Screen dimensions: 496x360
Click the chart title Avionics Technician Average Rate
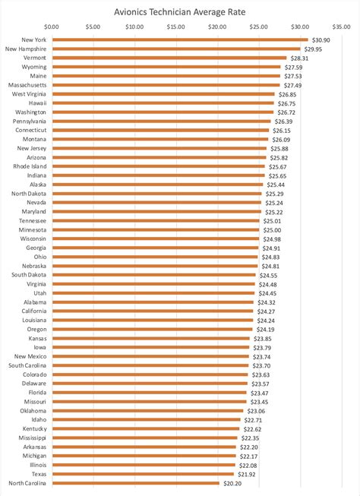(180, 12)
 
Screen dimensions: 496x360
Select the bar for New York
(180, 39)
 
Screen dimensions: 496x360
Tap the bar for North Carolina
(136, 483)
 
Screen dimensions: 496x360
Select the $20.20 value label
(232, 483)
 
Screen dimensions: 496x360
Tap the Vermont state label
(34, 58)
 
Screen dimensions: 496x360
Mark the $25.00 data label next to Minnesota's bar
(272, 230)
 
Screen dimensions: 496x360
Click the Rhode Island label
(30, 166)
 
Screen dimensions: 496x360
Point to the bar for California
(153, 311)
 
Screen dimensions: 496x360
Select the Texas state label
(39, 474)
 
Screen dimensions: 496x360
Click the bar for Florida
(150, 393)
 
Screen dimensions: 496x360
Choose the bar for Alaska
(158, 185)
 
